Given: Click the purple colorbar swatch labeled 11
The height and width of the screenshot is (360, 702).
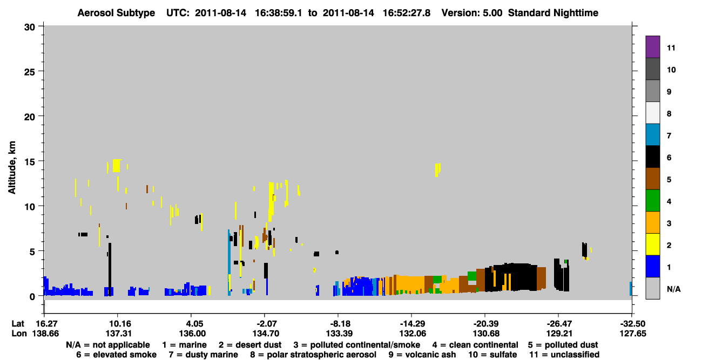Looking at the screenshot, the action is pyautogui.click(x=652, y=47).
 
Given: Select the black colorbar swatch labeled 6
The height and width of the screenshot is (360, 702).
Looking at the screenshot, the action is pyautogui.click(x=652, y=157).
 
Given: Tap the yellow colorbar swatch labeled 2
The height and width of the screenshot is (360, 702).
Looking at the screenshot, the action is pyautogui.click(x=652, y=244).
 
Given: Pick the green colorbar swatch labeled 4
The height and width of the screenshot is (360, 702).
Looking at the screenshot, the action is pyautogui.click(x=652, y=201).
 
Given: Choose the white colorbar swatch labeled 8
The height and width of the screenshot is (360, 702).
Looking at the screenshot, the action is pyautogui.click(x=652, y=113).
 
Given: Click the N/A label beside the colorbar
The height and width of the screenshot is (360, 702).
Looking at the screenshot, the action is pyautogui.click(x=673, y=289).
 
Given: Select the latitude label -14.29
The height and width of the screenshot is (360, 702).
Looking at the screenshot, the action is pyautogui.click(x=412, y=324).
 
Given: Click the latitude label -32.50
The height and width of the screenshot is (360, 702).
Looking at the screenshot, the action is pyautogui.click(x=632, y=324).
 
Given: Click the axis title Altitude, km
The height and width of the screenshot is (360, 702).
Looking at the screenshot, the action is pyautogui.click(x=12, y=168).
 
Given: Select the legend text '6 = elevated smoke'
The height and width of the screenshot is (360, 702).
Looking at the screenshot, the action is pyautogui.click(x=116, y=355).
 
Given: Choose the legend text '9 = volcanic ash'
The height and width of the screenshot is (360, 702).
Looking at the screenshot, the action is pyautogui.click(x=422, y=355).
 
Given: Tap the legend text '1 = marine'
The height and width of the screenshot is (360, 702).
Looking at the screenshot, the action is pyautogui.click(x=184, y=345).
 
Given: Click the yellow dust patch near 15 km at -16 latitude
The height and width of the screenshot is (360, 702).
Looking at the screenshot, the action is pyautogui.click(x=438, y=170).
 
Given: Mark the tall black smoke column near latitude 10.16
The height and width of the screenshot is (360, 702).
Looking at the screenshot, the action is pyautogui.click(x=110, y=269).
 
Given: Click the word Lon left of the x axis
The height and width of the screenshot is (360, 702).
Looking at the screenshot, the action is pyautogui.click(x=19, y=334).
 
